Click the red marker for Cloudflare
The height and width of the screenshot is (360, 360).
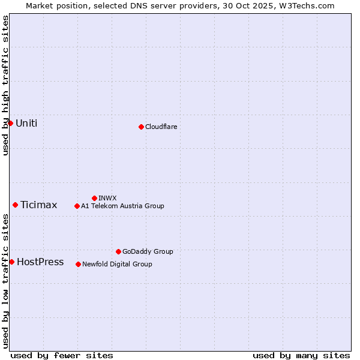coord(141,127)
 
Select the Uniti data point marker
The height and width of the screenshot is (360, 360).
coord(10,123)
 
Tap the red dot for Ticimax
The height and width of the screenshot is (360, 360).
coord(15,205)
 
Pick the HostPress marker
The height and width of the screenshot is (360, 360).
coord(11,262)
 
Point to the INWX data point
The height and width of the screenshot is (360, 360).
coord(94,198)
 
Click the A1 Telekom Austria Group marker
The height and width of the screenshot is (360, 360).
coord(77,206)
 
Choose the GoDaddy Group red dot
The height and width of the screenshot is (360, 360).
coord(118,251)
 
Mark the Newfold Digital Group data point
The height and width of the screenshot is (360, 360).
coord(78,264)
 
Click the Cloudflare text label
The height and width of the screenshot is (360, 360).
coord(161,127)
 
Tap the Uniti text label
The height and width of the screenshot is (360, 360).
coord(26,124)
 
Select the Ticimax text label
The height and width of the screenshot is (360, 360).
coord(39,205)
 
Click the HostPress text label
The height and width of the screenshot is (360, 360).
coord(40,262)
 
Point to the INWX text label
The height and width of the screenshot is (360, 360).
coord(107,198)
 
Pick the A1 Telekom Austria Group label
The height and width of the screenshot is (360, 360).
coord(122,206)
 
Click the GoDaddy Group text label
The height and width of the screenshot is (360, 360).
coord(148,251)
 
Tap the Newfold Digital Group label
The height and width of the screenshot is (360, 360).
coord(117,264)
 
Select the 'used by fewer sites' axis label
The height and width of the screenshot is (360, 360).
coord(62,355)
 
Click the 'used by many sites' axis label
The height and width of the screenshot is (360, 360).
coord(301,355)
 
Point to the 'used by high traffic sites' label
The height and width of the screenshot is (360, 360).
coord(5,85)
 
